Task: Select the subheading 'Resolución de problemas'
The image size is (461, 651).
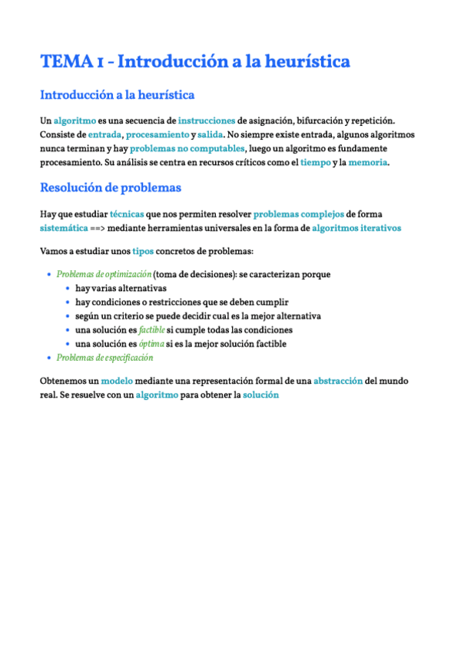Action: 110,187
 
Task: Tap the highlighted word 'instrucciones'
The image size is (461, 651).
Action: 207,121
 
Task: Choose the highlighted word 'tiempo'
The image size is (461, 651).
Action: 316,162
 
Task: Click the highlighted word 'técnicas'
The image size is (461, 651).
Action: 127,214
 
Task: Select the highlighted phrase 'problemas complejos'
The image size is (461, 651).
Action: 299,214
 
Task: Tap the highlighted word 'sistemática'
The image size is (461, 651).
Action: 63,228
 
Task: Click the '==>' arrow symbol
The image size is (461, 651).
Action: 98,228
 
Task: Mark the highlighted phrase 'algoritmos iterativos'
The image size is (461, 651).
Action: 356,228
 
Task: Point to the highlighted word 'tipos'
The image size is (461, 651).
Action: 143,251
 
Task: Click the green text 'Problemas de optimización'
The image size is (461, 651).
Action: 104,274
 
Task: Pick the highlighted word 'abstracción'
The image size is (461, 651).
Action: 338,381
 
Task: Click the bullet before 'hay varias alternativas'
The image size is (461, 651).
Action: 68,289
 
